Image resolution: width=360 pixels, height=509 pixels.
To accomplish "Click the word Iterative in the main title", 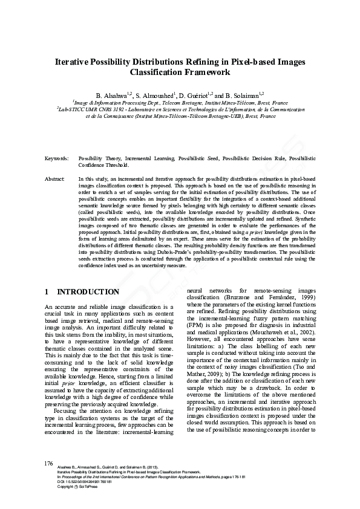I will click(x=74, y=62).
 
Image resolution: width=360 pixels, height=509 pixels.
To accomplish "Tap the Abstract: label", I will click(x=55, y=180).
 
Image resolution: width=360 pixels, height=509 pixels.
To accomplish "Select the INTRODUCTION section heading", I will click(x=88, y=292).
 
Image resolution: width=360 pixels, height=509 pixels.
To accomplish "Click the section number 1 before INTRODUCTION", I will click(x=47, y=292).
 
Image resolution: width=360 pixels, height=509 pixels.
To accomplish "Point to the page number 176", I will click(x=50, y=463).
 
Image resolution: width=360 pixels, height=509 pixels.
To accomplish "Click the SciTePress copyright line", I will click(x=74, y=487).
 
